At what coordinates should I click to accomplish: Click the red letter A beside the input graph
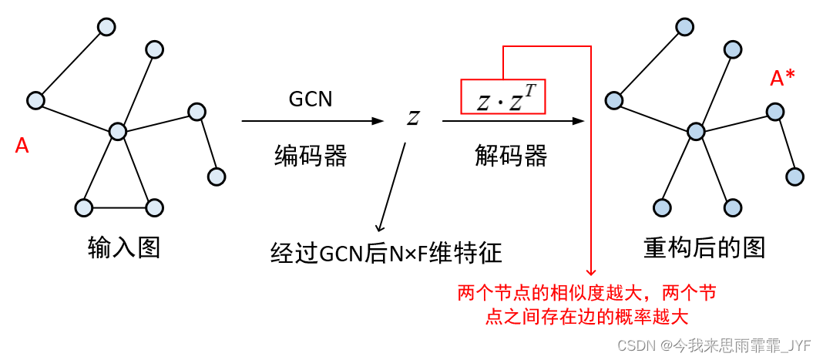[22, 146]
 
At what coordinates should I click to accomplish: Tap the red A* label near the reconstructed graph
[783, 78]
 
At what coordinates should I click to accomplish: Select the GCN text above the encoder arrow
[310, 99]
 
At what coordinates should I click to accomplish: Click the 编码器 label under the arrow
[311, 156]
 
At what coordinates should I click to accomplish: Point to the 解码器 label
[510, 156]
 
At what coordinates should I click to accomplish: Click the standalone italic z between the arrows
[413, 119]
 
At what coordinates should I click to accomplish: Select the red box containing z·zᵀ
[502, 96]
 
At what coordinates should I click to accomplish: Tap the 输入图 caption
[124, 247]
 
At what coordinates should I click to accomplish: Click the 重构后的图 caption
[704, 247]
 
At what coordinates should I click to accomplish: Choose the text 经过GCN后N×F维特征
[386, 252]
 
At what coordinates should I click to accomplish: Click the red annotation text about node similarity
[586, 304]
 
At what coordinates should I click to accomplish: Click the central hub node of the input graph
[117, 131]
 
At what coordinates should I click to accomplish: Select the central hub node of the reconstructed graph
[696, 131]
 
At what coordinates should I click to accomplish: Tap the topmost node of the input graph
[106, 27]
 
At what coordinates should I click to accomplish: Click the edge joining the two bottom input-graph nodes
[119, 207]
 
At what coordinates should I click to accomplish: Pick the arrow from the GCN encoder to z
[312, 121]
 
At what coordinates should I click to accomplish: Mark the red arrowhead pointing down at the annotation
[591, 271]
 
